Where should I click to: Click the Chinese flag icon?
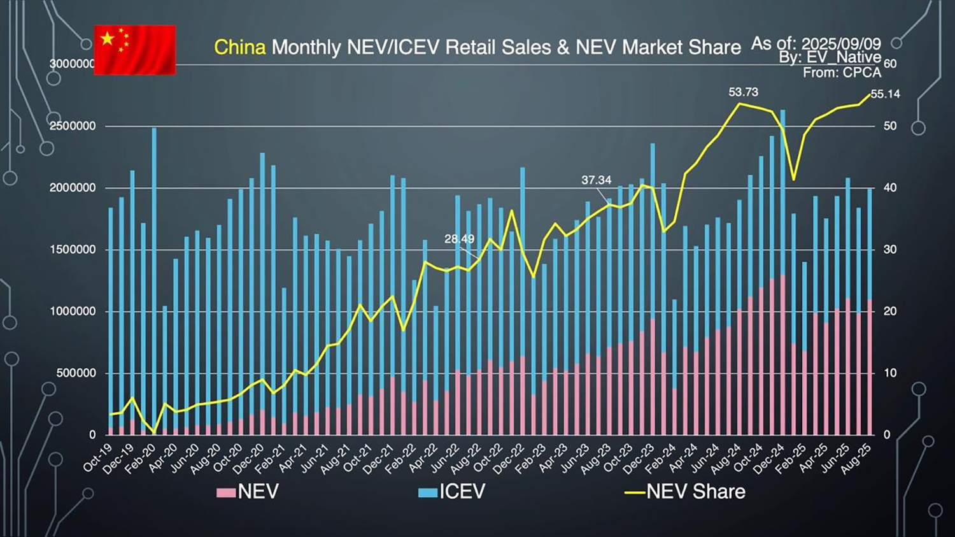[x=135, y=50]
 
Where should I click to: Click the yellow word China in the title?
[x=239, y=47]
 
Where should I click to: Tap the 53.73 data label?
[x=743, y=92]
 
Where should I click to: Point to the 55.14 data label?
[x=885, y=94]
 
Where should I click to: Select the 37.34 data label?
[x=596, y=180]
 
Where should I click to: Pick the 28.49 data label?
[x=459, y=239]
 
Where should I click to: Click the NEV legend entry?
[x=248, y=492]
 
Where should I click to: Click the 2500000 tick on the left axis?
[x=73, y=126]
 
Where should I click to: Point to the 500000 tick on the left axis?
[x=76, y=373]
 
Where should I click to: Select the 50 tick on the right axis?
[x=890, y=126]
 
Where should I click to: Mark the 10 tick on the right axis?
[x=890, y=373]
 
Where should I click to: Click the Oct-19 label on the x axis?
[x=97, y=458]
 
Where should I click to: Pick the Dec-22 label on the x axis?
[x=509, y=458]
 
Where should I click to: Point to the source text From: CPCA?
[x=842, y=73]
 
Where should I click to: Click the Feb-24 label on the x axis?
[x=660, y=458]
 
